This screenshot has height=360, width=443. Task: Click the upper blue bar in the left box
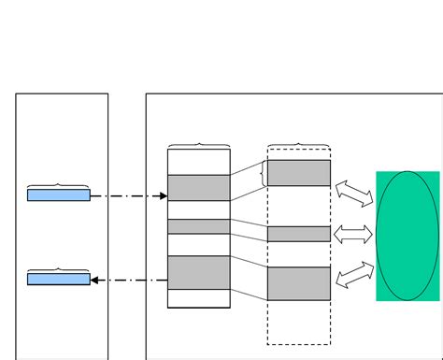pos(59,195)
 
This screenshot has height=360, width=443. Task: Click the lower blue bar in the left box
pos(59,279)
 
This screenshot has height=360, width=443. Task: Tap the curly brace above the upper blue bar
pos(59,186)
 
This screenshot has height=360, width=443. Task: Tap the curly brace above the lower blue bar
pos(59,269)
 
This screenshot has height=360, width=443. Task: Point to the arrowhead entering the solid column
pos(163,196)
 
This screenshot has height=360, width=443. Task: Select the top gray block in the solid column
pos(199,187)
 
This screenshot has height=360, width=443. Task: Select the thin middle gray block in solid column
pos(199,226)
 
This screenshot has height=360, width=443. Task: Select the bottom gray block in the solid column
pos(199,272)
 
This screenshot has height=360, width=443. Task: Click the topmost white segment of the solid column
pos(199,162)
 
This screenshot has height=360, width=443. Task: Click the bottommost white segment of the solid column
pos(199,298)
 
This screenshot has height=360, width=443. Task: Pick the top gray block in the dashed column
pos(299,173)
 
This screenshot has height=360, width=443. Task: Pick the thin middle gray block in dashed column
pos(299,234)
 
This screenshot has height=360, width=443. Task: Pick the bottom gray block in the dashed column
pos(299,283)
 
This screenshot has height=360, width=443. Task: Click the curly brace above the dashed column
pos(299,146)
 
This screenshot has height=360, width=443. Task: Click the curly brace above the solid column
pos(199,146)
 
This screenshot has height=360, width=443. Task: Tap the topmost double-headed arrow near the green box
pos(354,193)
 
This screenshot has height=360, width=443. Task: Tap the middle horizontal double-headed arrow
pos(353,234)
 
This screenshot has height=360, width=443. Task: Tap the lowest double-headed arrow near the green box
pos(354,274)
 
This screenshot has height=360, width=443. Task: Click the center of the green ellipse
pos(407,236)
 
